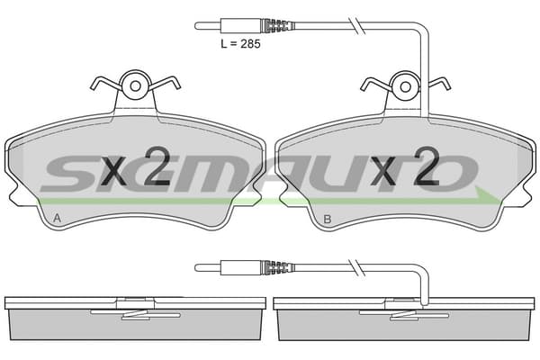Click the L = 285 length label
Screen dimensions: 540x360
coord(240,44)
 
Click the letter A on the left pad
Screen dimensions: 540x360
coord(58,218)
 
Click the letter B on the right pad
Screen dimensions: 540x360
coord(328,219)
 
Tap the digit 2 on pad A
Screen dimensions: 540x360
coord(157,166)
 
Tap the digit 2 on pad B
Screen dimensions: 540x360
coord(427,166)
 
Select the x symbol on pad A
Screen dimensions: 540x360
coord(115,171)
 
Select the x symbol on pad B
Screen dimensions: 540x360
coord(383,171)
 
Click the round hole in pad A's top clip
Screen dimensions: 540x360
coord(135,86)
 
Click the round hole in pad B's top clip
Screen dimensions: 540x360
coord(406,86)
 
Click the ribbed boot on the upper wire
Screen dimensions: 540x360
coord(277,26)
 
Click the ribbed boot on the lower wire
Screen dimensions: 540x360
coord(277,267)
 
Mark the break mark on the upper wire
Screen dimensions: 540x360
coord(357,25)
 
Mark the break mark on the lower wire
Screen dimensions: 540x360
coord(357,267)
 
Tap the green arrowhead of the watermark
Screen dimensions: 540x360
coord(487,196)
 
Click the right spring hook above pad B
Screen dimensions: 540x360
coord(439,84)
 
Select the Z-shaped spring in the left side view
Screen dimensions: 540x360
coord(135,314)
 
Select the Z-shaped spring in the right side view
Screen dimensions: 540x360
coord(404,314)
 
